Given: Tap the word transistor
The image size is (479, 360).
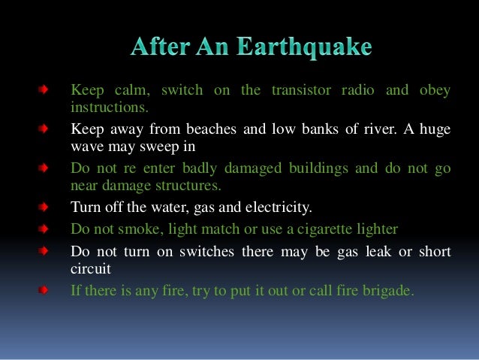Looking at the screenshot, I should [x=297, y=91].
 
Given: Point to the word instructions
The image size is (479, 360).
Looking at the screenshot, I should [x=104, y=107].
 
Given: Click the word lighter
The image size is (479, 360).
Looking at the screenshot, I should [x=377, y=228].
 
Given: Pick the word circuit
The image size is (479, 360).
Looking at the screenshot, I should [x=89, y=267].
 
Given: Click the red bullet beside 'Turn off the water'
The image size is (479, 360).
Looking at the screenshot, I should [x=46, y=205].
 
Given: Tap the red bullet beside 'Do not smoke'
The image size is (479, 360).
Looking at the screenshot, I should [x=46, y=228].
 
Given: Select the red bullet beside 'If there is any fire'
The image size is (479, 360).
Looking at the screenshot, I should [x=46, y=289].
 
